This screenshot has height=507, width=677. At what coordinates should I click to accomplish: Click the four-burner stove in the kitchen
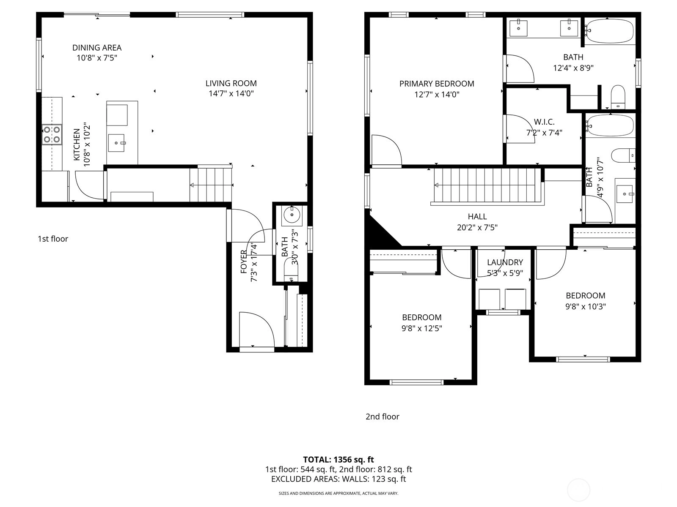click(52, 134)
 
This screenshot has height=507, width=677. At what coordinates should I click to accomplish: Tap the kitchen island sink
click(116, 143)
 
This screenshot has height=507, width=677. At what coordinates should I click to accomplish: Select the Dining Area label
click(97, 48)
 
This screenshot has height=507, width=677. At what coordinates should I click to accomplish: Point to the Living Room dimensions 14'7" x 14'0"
click(231, 93)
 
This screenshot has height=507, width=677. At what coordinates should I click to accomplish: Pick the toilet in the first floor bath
click(291, 270)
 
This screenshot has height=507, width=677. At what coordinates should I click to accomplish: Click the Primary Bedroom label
click(437, 84)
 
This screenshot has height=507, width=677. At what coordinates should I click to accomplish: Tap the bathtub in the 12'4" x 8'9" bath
click(609, 31)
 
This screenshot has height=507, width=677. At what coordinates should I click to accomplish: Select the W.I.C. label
click(544, 122)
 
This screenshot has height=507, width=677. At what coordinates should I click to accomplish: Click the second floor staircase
click(487, 186)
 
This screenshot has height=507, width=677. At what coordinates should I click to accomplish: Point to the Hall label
click(477, 217)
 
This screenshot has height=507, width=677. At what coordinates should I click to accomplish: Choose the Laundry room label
click(505, 262)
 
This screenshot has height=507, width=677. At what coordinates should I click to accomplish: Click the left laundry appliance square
click(490, 299)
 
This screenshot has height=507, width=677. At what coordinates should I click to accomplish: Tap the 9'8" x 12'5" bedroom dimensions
click(421, 328)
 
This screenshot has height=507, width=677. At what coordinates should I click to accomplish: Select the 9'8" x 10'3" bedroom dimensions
click(586, 307)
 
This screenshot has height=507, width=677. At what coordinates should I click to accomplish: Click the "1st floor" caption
click(53, 239)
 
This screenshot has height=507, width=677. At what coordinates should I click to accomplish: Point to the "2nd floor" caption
click(383, 417)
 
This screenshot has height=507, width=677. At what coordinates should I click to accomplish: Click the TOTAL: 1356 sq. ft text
click(338, 460)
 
